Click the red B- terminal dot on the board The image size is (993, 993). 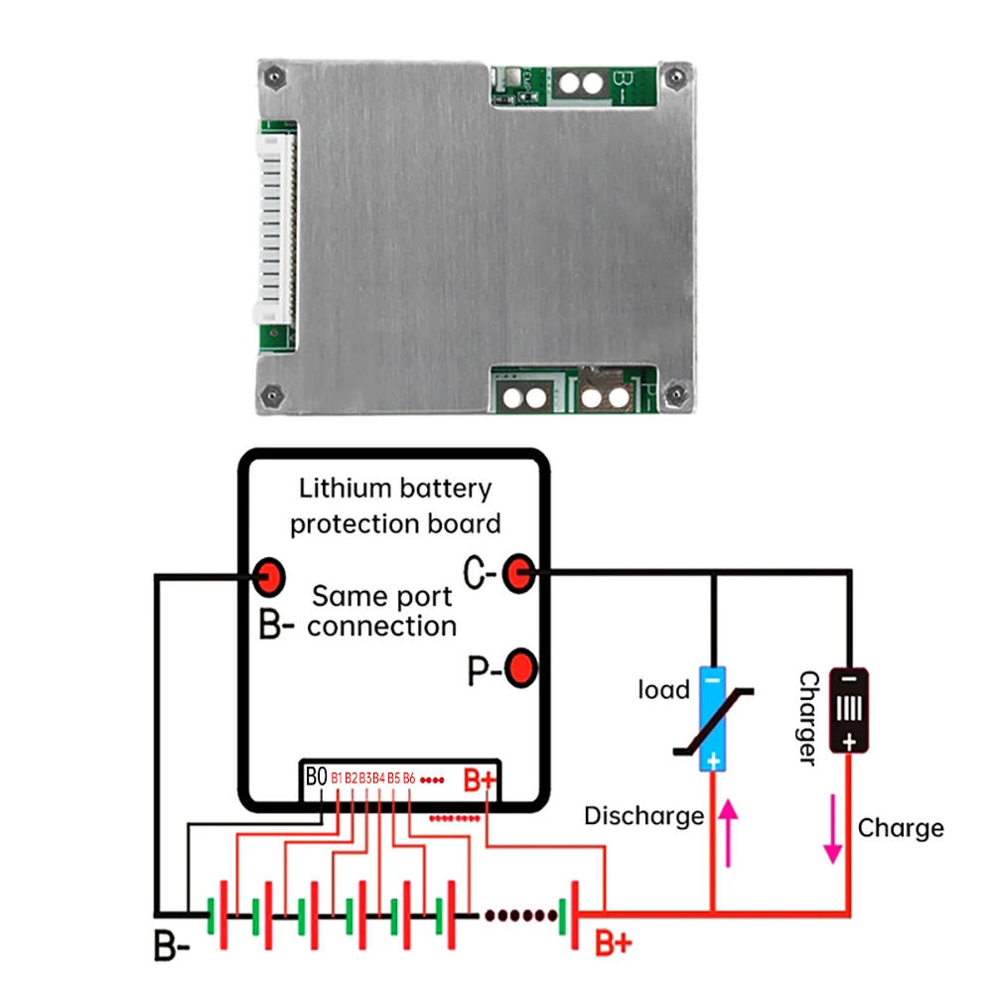click(269, 574)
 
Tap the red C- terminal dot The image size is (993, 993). click(518, 572)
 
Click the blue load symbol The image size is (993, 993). click(713, 718)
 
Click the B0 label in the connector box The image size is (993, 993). click(316, 777)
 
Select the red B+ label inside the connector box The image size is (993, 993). click(480, 780)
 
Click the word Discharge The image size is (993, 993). click(643, 816)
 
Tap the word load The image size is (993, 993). click(663, 689)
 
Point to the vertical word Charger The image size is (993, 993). click(808, 718)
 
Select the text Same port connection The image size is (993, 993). click(382, 611)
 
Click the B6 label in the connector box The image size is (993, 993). click(409, 778)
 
